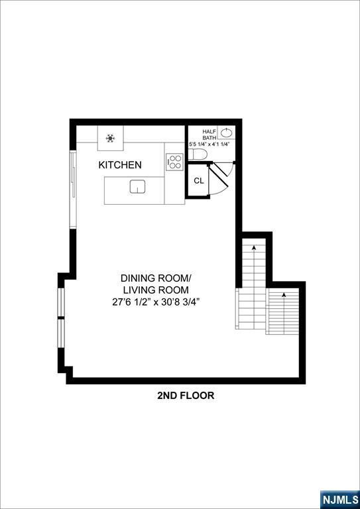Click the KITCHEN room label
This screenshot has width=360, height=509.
coord(120,165)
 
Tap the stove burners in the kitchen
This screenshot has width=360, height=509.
coord(174,162)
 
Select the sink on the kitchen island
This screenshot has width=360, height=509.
coord(137,187)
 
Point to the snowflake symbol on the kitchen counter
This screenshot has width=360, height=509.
coord(110,139)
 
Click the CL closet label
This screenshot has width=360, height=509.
coord(198,180)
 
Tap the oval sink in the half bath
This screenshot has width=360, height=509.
coord(227,133)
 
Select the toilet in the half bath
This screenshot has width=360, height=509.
coord(198,154)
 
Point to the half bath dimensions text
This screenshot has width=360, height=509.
coord(210,144)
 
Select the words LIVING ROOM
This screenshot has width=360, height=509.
coord(156,290)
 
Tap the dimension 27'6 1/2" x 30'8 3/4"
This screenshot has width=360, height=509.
coord(156,302)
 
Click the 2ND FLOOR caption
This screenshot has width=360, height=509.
coord(186,396)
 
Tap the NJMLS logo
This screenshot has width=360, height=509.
coord(339,498)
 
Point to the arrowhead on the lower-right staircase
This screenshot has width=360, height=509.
coord(284,294)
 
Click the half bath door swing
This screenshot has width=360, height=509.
coord(223,171)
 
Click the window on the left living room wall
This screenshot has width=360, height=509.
coord(60,318)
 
